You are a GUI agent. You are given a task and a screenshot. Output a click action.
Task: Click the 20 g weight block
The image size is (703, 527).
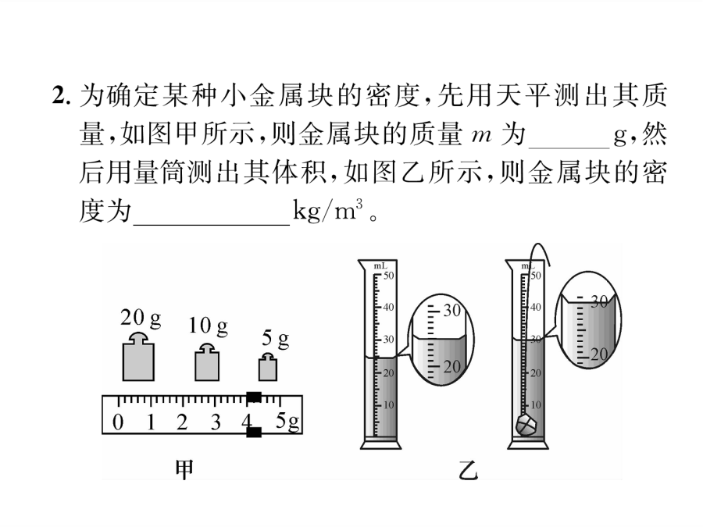tap(138, 357)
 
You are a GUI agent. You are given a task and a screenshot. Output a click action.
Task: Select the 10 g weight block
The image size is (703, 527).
tap(207, 362)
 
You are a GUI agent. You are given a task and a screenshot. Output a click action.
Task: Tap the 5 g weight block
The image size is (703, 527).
tap(268, 367)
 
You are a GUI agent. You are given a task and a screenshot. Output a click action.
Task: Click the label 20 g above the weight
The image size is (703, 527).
tap(141, 319)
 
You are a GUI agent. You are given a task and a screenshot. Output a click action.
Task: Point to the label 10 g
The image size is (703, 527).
tap(208, 326)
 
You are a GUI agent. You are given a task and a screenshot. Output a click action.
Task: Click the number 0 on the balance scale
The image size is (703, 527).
tap(117, 422)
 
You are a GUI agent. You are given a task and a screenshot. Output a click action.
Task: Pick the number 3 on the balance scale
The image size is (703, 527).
tap(216, 422)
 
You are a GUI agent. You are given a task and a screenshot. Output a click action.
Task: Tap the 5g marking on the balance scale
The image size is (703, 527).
tap(287, 422)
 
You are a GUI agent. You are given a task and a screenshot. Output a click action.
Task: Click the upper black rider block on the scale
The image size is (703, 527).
tap(254, 397)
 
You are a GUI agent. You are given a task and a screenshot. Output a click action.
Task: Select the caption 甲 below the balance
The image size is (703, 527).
tap(184, 470)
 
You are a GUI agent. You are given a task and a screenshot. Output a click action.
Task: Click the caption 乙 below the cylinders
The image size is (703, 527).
tap(468, 470)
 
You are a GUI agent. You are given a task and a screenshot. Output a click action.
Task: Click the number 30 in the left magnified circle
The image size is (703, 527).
tap(452, 310)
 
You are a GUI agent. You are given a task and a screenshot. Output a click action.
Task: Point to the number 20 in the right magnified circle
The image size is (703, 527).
tap(599, 355)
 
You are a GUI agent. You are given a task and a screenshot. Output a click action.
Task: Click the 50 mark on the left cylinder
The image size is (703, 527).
tap(388, 275)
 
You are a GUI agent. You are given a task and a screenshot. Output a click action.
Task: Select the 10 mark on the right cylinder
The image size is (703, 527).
tap(536, 404)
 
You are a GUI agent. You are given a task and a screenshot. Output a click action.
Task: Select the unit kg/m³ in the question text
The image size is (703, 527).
tap(327, 210)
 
